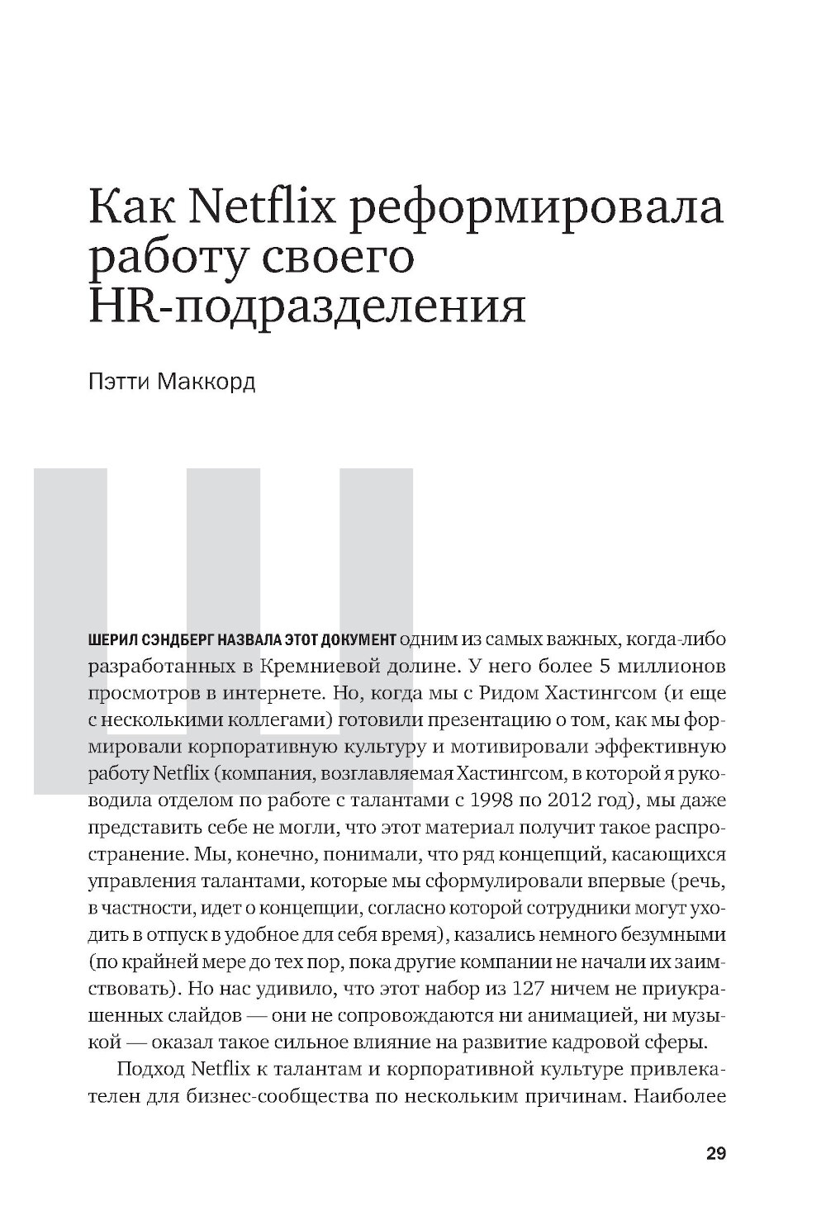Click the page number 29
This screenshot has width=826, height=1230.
(x=716, y=1154)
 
